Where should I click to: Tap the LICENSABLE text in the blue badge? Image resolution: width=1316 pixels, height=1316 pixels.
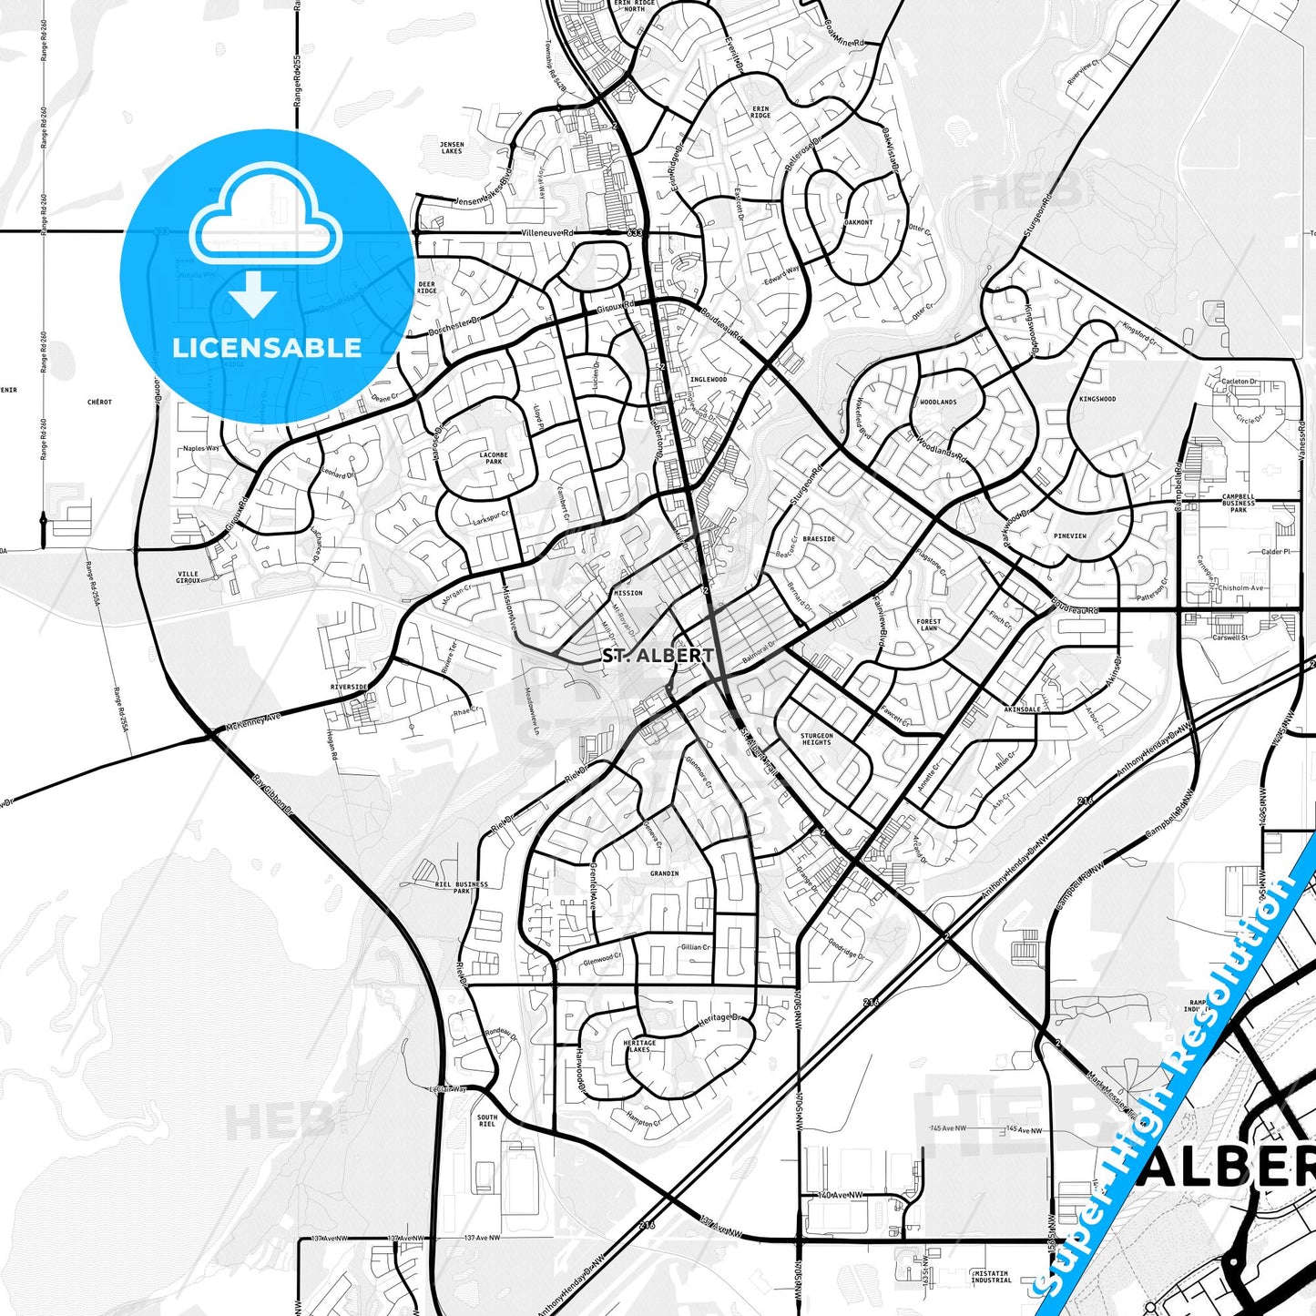point(267,347)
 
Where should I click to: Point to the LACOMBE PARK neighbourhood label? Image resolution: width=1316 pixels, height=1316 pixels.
point(494,458)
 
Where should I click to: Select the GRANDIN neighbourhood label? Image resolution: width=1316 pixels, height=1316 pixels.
point(664,873)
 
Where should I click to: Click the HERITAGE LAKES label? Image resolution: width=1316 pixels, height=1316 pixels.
point(639,1046)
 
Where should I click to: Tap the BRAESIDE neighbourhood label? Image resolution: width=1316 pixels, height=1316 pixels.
point(819,538)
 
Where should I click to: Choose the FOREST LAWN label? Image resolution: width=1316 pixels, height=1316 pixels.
point(928,625)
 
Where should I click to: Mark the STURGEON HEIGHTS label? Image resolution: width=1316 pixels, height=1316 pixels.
point(816,739)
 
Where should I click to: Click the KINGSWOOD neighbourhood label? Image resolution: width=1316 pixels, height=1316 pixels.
point(1097,399)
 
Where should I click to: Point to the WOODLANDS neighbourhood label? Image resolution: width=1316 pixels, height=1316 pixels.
point(937,402)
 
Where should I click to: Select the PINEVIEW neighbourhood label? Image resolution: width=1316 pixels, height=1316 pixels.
point(1069,536)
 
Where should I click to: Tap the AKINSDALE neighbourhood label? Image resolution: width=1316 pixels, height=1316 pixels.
point(1021,709)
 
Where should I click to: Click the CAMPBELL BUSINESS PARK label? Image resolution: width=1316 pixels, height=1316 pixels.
point(1238,504)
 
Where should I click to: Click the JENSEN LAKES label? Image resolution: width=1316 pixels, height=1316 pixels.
point(452,148)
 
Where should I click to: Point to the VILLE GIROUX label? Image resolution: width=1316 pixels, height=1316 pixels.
point(188,576)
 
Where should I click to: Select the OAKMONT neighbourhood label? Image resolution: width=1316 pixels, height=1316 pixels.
point(858,222)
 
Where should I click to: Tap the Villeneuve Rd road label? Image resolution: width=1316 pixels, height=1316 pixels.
point(547,233)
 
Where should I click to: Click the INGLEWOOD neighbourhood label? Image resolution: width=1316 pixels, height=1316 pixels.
point(709,379)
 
